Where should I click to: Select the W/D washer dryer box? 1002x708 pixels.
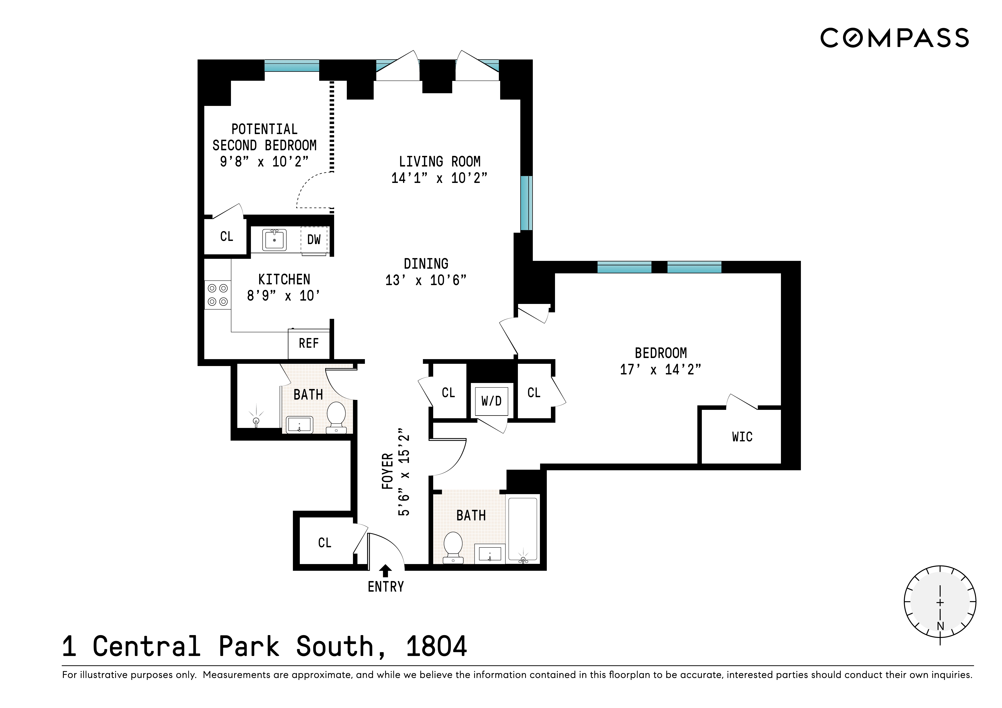[491, 401]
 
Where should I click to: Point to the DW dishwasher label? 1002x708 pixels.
[314, 239]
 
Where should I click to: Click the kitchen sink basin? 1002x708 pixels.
[274, 240]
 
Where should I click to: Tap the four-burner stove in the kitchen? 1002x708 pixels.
[217, 295]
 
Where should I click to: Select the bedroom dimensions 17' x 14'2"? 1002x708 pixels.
[660, 370]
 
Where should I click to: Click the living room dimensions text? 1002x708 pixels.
[439, 178]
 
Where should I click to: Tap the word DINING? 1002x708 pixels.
[426, 264]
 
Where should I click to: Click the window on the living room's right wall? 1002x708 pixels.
[526, 203]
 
